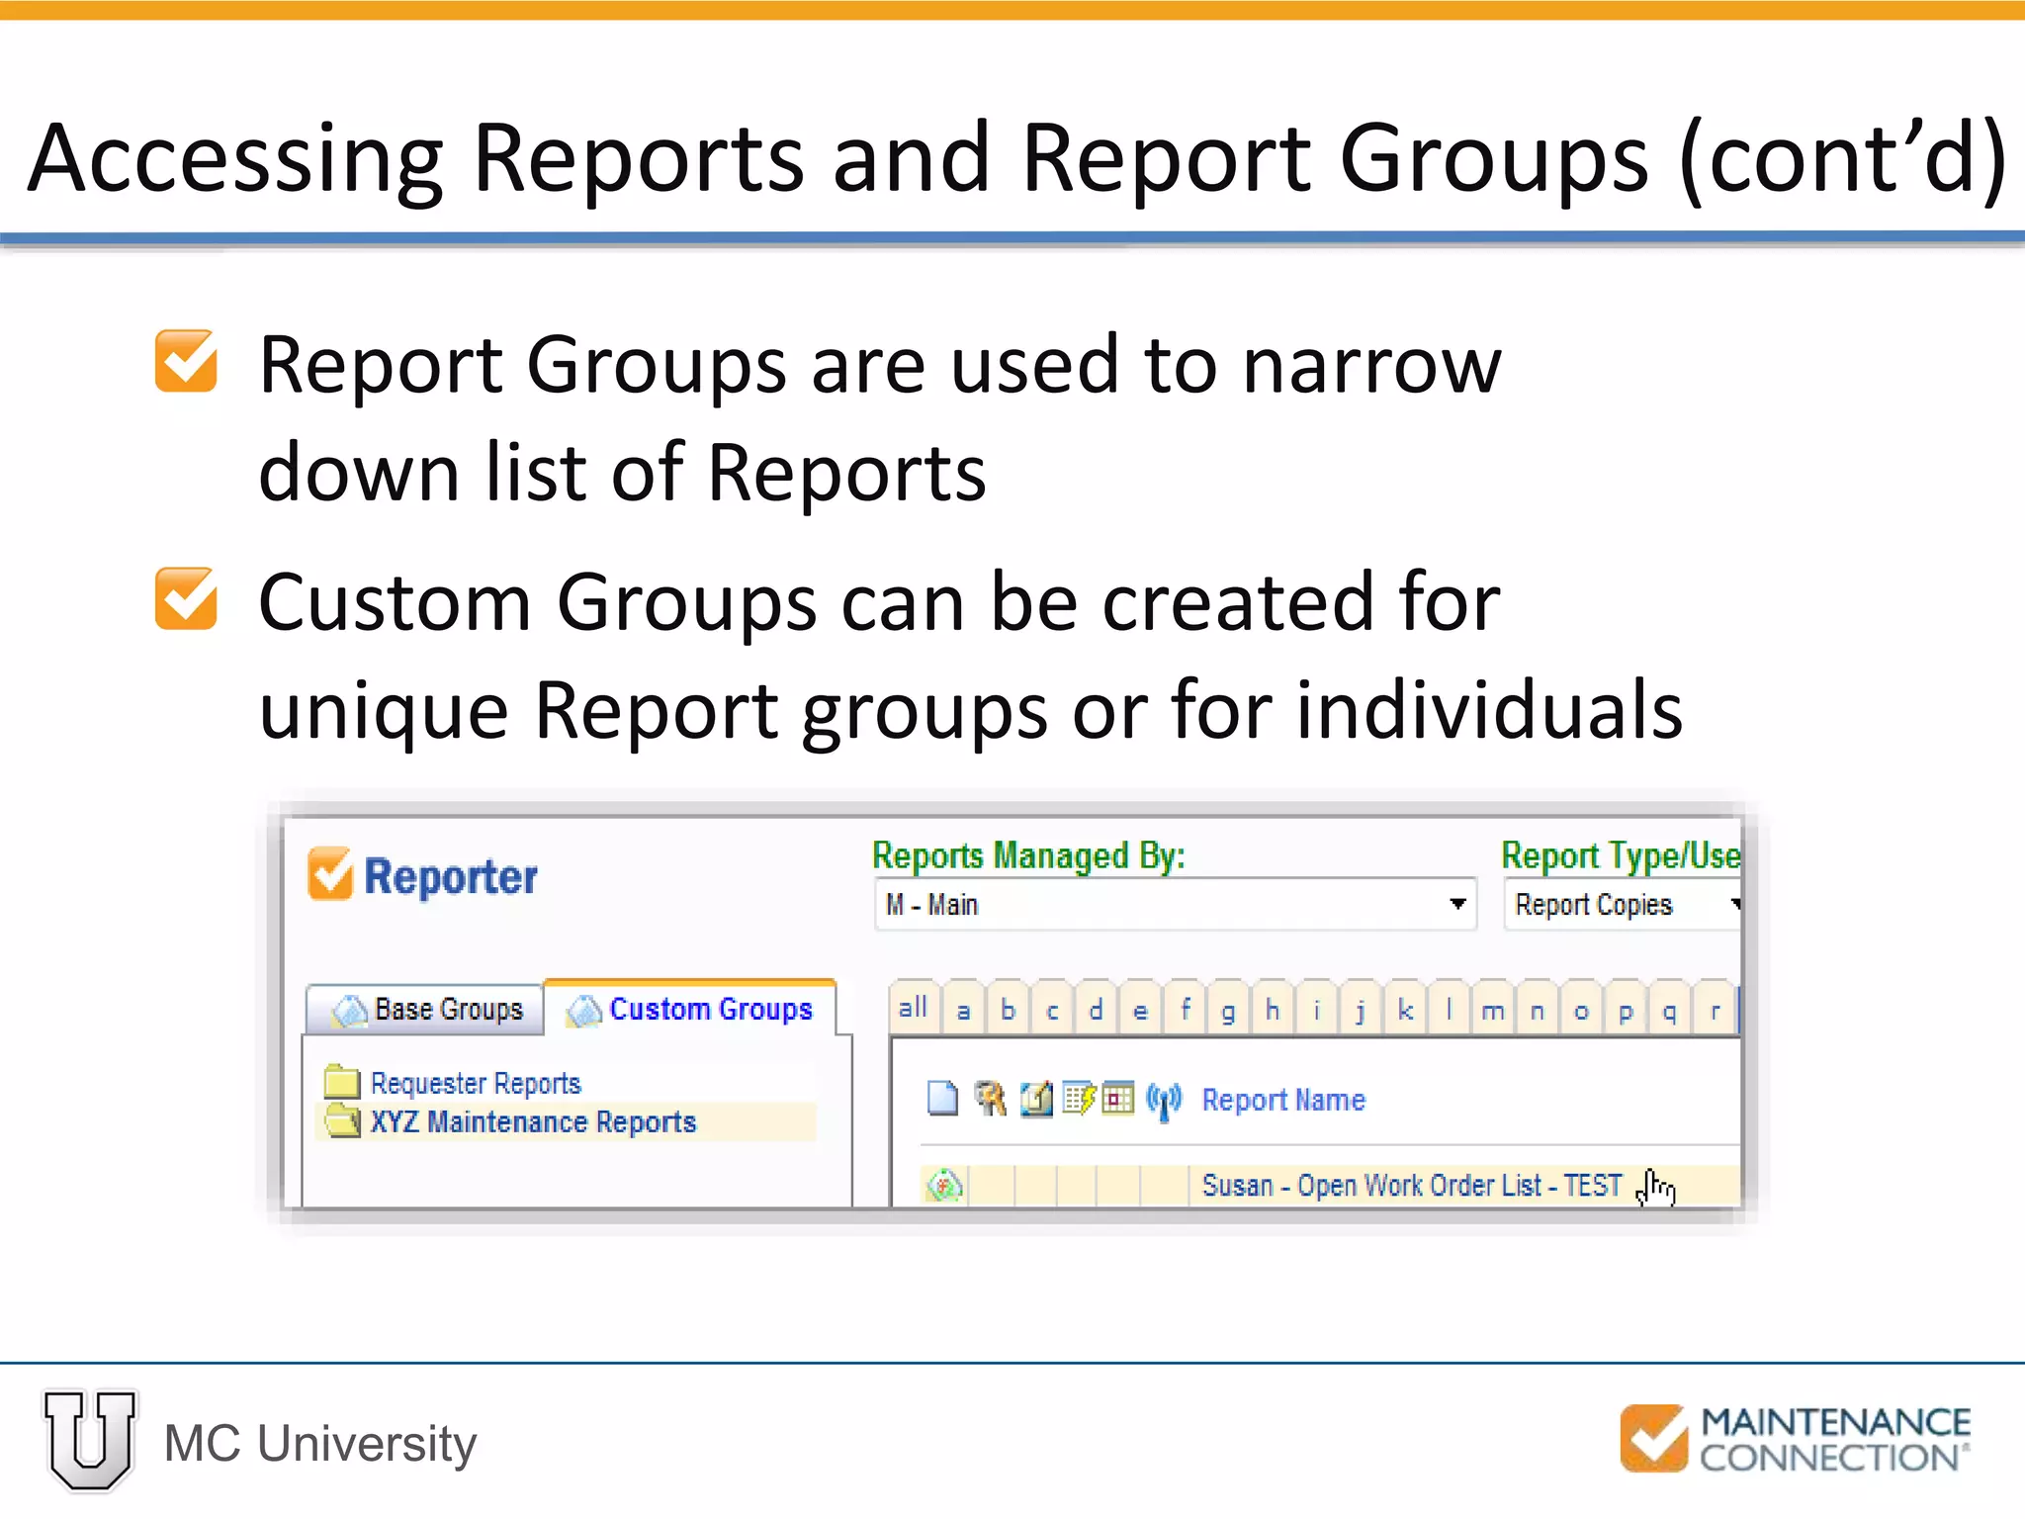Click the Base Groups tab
427,1010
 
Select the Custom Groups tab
692,1010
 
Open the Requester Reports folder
475,1084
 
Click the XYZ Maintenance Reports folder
532,1122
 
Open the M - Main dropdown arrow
1456,904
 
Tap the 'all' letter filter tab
914,1009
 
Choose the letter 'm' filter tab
1493,1011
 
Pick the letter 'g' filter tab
1228,1011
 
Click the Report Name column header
1283,1100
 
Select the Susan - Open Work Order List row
1411,1186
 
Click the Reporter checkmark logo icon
330,874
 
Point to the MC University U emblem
90,1439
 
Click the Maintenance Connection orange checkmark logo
1653,1438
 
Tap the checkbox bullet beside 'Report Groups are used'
186,362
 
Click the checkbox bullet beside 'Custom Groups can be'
186,599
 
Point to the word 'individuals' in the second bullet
1489,710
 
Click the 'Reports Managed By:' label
1028,856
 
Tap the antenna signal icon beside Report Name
1164,1100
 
